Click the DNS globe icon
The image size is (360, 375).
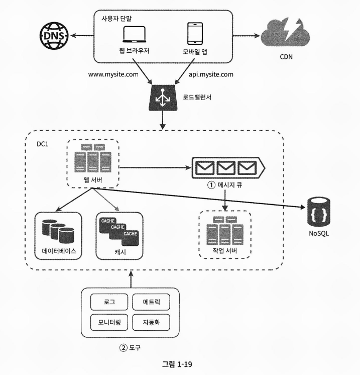pos(54,36)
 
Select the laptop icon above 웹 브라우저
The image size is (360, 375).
pos(135,35)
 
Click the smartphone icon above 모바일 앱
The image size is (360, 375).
pos(195,34)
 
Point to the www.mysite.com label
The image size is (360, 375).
pos(113,74)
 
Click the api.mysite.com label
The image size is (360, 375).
pos(211,74)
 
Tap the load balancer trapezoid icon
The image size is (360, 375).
pos(163,98)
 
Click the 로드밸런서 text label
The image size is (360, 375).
pos(197,98)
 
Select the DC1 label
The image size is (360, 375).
pos(43,144)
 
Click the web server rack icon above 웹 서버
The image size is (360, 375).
pos(93,158)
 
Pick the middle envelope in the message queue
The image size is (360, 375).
pos(226,168)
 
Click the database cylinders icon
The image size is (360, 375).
pos(58,231)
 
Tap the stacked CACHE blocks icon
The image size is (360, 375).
pos(119,232)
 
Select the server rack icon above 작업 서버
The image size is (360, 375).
pos(225,231)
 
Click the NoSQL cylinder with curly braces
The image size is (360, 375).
pos(319,212)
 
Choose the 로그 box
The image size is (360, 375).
pos(109,302)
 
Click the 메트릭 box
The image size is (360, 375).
pos(151,302)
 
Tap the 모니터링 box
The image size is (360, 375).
pos(109,322)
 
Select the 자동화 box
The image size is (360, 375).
pos(151,322)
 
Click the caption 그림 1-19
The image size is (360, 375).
pos(177,364)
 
